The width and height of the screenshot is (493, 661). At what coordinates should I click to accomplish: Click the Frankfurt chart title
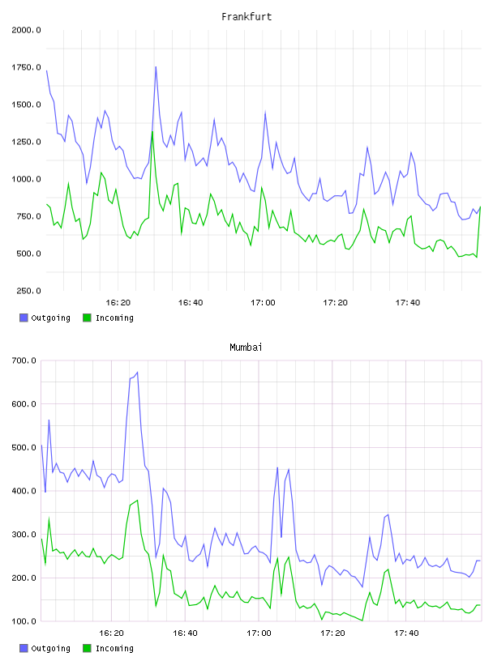click(246, 17)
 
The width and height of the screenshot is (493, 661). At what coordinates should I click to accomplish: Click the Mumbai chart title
click(246, 348)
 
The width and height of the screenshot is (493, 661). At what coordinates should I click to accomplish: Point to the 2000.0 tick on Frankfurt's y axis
click(26, 30)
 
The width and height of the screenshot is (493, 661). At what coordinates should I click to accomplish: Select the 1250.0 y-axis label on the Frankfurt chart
click(26, 142)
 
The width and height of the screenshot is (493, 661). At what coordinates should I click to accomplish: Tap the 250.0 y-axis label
click(28, 291)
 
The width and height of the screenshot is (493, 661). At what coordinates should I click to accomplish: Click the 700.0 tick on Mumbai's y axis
click(24, 360)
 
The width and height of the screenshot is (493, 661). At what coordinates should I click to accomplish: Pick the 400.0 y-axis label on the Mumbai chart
click(24, 491)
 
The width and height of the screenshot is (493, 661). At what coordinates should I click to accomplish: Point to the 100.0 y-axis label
click(24, 621)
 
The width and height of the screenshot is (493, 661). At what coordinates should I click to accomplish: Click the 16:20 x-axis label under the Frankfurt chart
click(118, 303)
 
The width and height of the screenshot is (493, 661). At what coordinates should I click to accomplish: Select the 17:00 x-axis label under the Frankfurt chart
click(263, 303)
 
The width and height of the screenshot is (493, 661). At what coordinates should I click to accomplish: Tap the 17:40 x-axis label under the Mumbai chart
click(406, 633)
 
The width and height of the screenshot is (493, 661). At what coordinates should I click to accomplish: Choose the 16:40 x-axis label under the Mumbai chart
click(185, 633)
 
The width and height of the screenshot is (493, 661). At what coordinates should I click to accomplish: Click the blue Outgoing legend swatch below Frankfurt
click(24, 318)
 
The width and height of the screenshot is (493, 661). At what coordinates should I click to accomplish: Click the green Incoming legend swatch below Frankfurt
click(87, 318)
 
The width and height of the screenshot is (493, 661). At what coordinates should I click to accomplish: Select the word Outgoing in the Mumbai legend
click(50, 648)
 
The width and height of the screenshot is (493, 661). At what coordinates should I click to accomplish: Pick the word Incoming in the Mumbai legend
click(114, 648)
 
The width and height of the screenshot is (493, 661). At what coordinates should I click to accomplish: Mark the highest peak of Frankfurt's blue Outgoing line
click(156, 66)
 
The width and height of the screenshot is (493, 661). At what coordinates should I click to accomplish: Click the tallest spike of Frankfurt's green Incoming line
click(152, 131)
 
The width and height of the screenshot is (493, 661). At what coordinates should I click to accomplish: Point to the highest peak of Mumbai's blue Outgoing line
click(137, 373)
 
